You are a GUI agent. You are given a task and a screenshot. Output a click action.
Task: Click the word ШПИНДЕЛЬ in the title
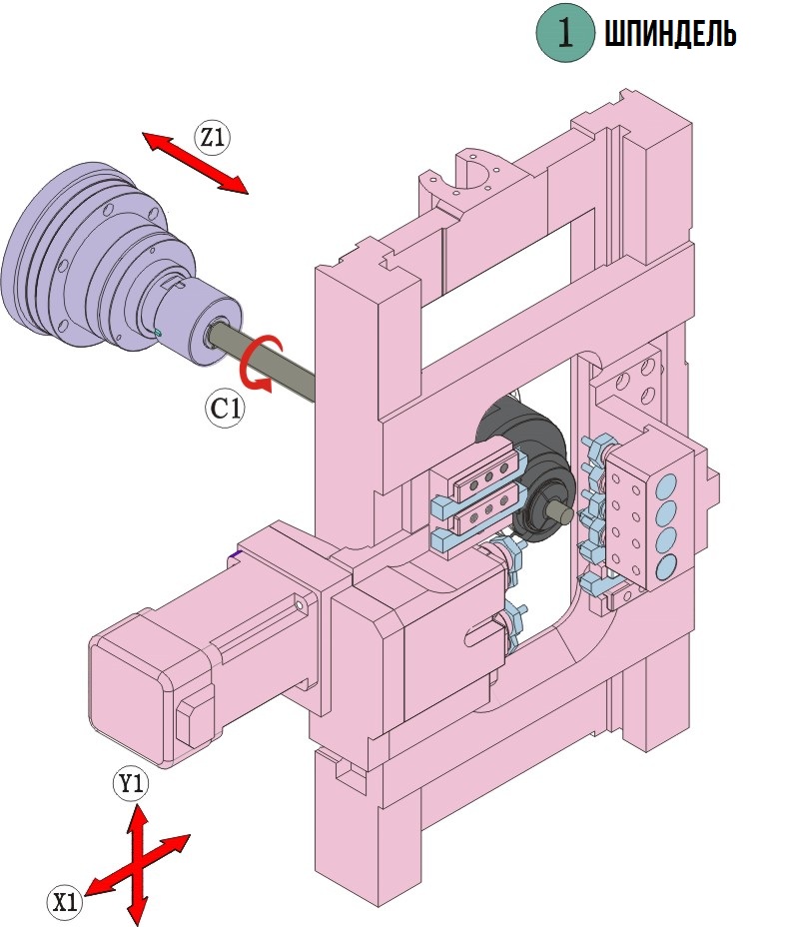click(670, 36)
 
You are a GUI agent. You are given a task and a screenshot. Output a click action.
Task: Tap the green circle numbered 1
click(566, 35)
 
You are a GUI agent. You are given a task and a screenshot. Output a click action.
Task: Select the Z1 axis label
click(212, 138)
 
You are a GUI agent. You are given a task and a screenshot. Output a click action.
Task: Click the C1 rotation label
click(226, 408)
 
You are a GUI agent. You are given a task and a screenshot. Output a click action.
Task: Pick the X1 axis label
click(66, 902)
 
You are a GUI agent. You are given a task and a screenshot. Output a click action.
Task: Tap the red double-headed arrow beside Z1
click(195, 163)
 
